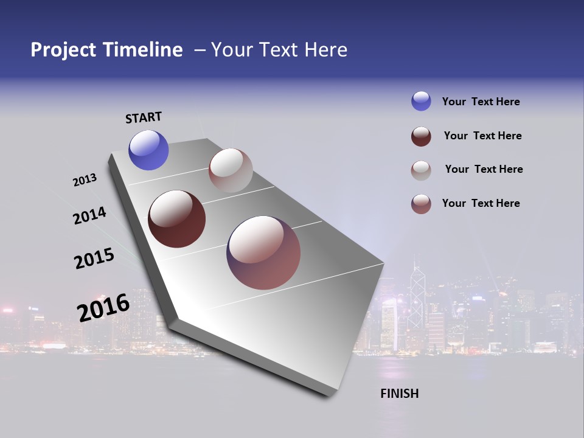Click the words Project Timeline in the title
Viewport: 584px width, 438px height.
pyautogui.click(x=106, y=50)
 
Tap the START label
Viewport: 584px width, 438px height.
pyautogui.click(x=144, y=117)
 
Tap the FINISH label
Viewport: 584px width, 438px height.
pyautogui.click(x=399, y=394)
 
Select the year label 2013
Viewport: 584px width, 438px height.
pyautogui.click(x=85, y=180)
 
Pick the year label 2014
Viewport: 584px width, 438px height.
pyautogui.click(x=89, y=215)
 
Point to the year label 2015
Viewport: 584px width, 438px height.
pyautogui.click(x=94, y=259)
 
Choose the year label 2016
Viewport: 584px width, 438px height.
pyautogui.click(x=103, y=307)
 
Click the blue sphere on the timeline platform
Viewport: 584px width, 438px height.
pyautogui.click(x=148, y=150)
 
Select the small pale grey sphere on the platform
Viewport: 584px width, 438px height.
pyautogui.click(x=231, y=170)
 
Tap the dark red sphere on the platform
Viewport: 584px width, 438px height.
pyautogui.click(x=177, y=219)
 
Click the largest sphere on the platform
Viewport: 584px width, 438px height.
pyautogui.click(x=263, y=252)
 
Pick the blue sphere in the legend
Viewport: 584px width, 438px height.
pyautogui.click(x=421, y=101)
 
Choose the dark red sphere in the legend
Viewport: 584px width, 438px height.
pyautogui.click(x=421, y=136)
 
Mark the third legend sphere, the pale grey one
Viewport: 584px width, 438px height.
pyautogui.click(x=421, y=170)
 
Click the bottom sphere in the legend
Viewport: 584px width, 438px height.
pyautogui.click(x=421, y=204)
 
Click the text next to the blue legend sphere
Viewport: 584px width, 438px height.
pyautogui.click(x=481, y=102)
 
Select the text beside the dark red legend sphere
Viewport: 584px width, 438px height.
pyautogui.click(x=482, y=136)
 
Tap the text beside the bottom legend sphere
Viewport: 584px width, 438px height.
pyautogui.click(x=481, y=203)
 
